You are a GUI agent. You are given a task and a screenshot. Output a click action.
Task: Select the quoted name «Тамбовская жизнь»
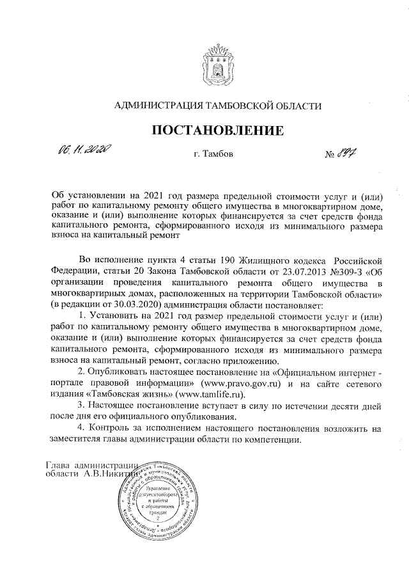[x=125, y=394]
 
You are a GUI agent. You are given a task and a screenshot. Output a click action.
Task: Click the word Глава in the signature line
[x=60, y=464]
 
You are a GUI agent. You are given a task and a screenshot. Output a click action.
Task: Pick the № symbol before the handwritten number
[x=331, y=155]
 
